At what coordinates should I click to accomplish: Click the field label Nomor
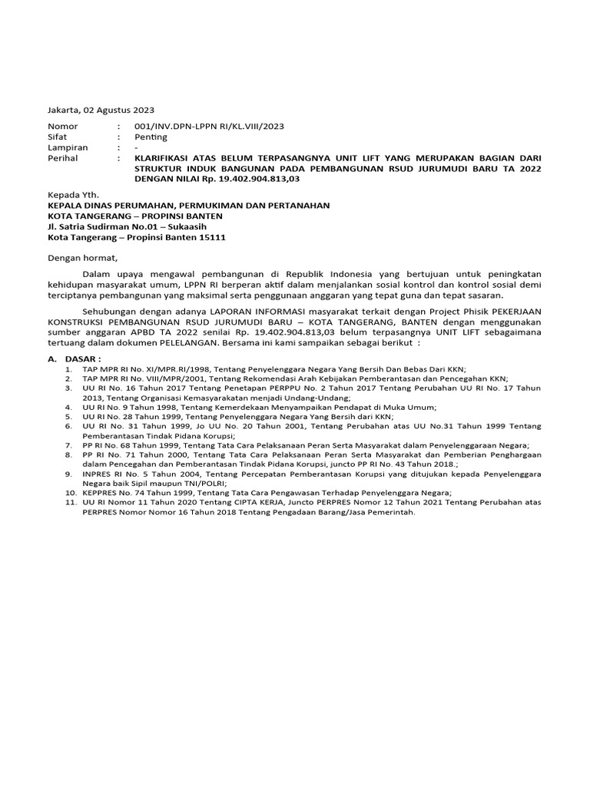(x=63, y=126)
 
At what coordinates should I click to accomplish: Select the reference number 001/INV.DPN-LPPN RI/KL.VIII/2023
(x=209, y=126)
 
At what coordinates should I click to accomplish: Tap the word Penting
(x=151, y=137)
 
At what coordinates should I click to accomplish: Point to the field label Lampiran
(x=68, y=147)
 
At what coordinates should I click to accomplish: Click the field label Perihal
(x=63, y=158)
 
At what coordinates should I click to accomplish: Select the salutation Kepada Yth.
(x=74, y=195)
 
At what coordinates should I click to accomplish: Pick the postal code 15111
(x=212, y=238)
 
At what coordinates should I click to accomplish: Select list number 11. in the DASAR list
(x=71, y=503)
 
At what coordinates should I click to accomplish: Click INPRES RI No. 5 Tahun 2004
(x=133, y=474)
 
